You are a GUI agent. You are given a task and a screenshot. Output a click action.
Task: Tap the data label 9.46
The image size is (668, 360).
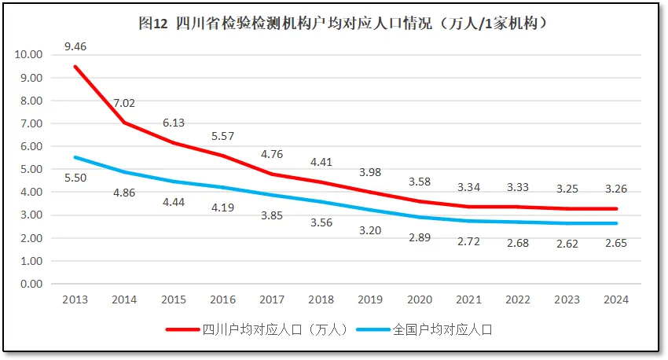75,46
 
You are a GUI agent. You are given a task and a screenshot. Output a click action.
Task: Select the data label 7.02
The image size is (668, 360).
124,103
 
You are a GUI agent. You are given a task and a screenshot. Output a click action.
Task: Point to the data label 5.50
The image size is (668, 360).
75,178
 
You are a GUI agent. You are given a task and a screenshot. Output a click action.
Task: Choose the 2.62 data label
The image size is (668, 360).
568,244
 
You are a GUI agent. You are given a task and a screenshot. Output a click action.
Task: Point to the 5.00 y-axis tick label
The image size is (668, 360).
31,169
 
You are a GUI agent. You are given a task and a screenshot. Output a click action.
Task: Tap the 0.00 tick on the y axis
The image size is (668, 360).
31,284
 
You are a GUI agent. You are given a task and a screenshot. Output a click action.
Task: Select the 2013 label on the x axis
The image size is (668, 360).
75,299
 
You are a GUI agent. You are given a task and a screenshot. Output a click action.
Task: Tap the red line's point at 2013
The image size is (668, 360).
75,67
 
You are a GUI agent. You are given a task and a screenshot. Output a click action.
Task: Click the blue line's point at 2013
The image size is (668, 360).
75,157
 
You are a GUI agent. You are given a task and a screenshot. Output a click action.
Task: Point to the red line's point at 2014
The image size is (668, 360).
124,123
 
